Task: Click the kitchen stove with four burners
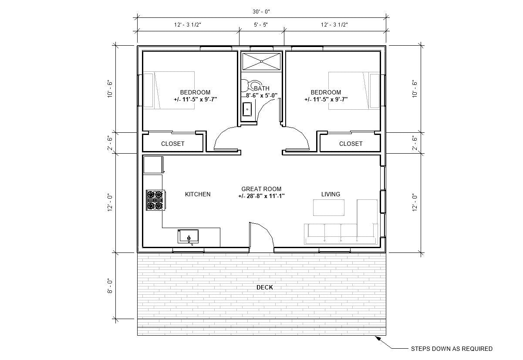point(155,200)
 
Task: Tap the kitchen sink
point(188,236)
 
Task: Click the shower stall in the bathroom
point(262,61)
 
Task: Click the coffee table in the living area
point(328,207)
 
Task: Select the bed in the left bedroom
point(169,90)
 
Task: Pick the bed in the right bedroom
point(354,90)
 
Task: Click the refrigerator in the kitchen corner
point(153,165)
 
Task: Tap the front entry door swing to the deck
point(261,237)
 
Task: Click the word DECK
point(265,287)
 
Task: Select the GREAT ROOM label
point(261,189)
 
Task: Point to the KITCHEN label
point(198,194)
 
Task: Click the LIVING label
point(331,194)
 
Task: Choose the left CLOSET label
point(173,144)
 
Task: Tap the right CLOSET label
point(351,144)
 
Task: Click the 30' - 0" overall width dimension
point(261,12)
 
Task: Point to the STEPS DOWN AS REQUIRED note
point(452,349)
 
